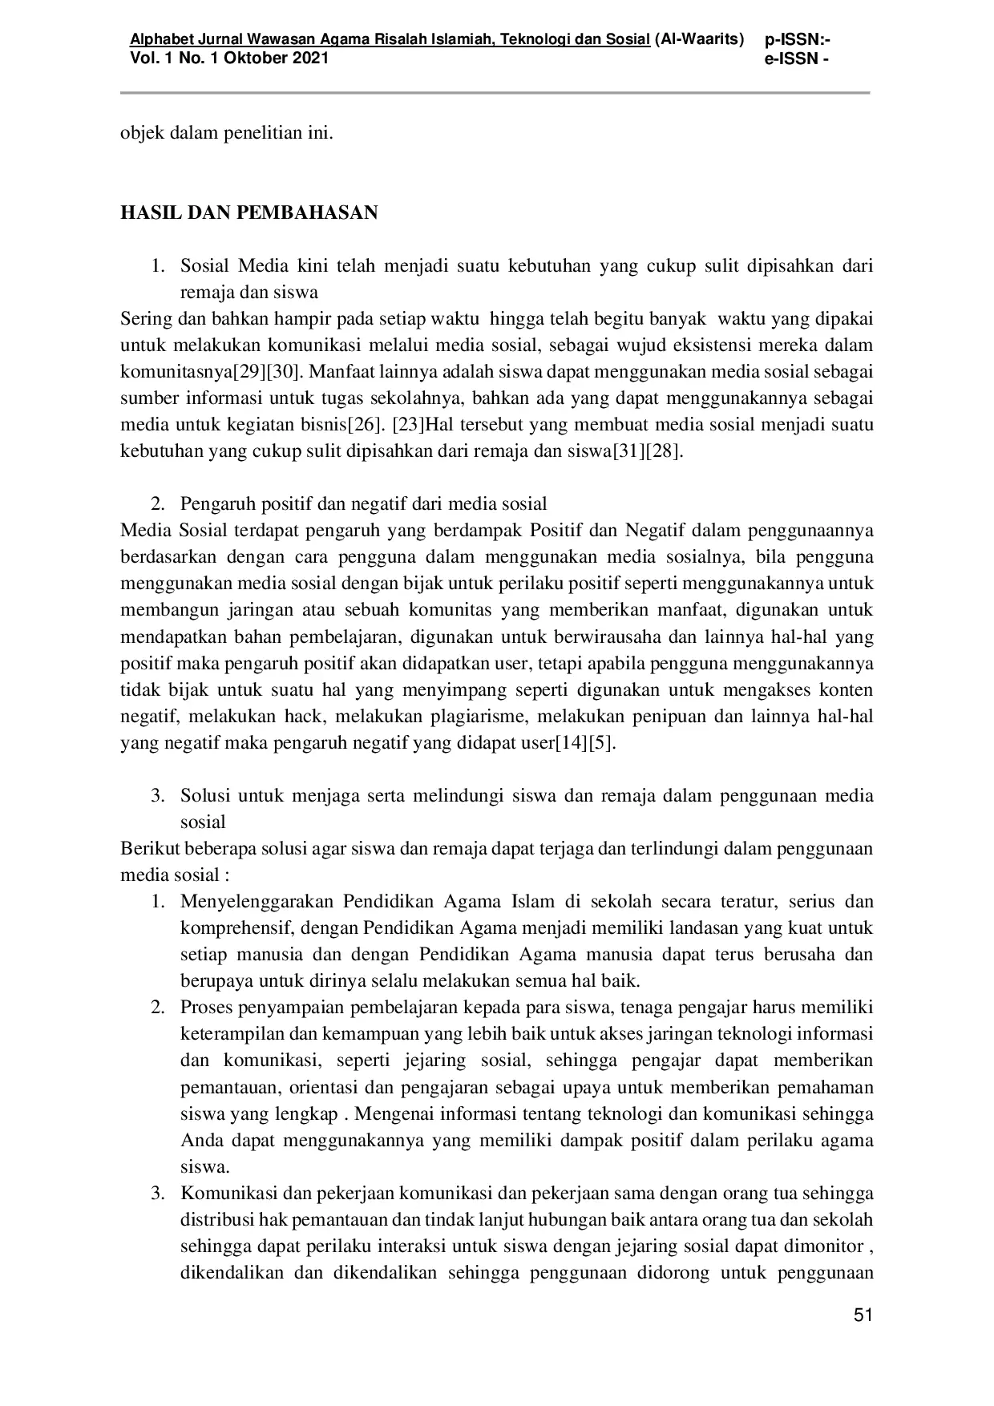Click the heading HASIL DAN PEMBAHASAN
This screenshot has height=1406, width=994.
click(x=248, y=212)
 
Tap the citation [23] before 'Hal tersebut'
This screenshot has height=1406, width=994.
click(x=407, y=425)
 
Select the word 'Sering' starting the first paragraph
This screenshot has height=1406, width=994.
click(x=146, y=319)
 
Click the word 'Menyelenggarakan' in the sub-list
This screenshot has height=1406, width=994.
click(x=257, y=902)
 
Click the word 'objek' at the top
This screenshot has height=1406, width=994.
click(x=139, y=132)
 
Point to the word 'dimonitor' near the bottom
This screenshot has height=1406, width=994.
click(x=821, y=1246)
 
